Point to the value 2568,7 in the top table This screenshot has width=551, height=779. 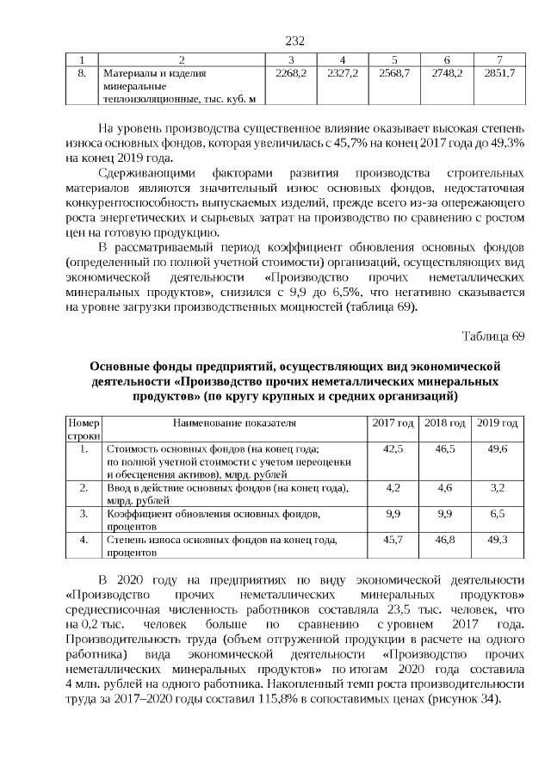tap(393, 75)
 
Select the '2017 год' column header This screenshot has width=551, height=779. tap(392, 424)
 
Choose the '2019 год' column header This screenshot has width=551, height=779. tap(498, 424)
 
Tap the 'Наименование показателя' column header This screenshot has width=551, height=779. tap(234, 424)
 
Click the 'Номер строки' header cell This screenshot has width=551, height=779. tap(84, 430)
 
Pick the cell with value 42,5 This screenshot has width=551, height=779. tap(392, 449)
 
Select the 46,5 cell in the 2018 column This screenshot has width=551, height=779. tap(445, 449)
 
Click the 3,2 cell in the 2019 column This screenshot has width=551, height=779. tap(498, 487)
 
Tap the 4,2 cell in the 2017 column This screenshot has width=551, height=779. tap(392, 487)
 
